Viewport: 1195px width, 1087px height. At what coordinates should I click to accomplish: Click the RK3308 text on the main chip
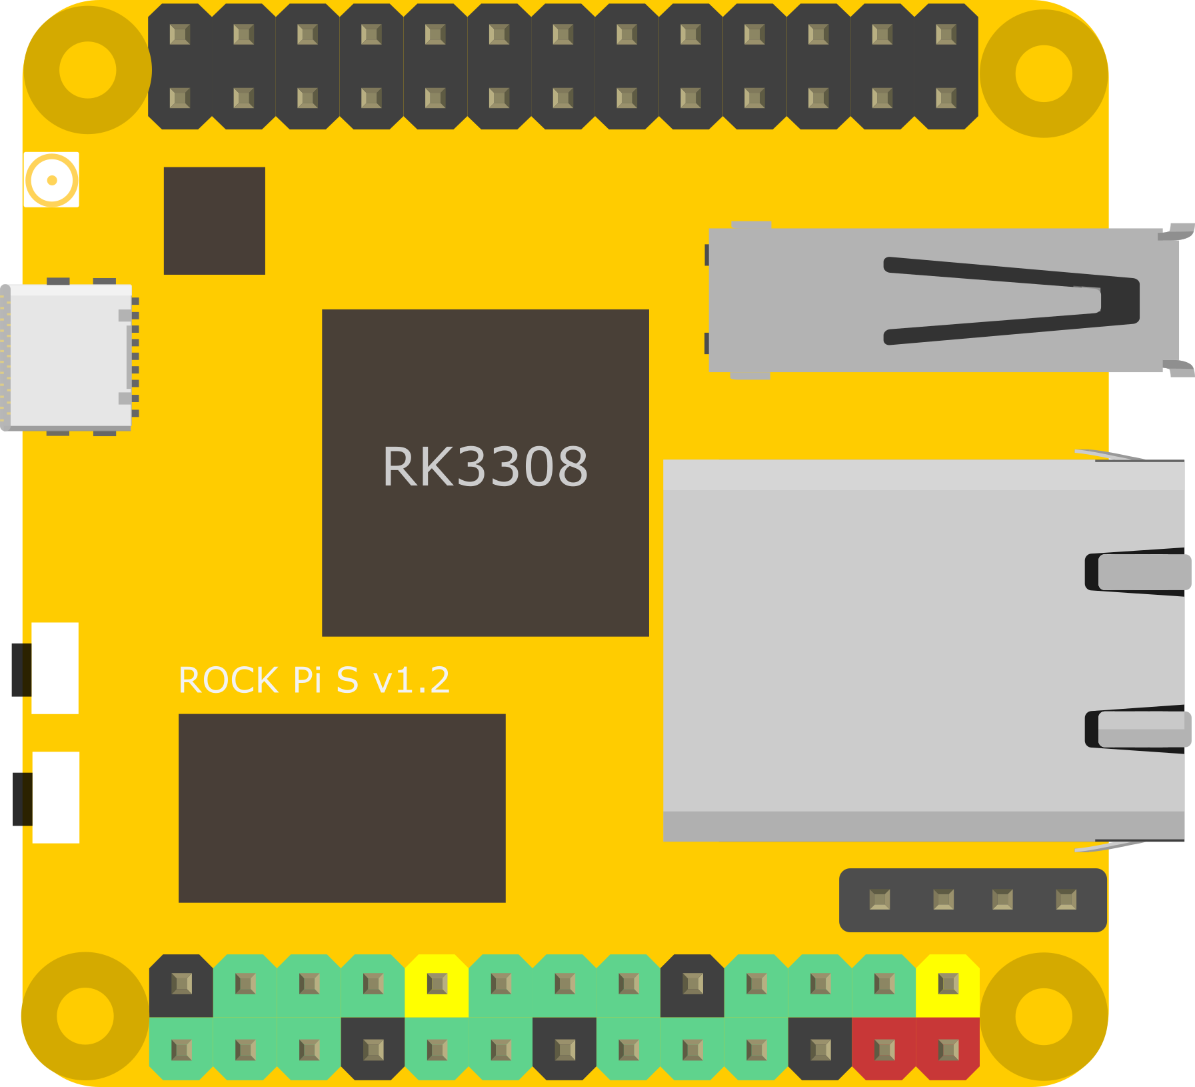pos(485,466)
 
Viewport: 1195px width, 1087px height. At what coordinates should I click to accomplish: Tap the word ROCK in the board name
pos(229,681)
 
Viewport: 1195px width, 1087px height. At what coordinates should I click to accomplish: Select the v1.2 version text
pos(411,681)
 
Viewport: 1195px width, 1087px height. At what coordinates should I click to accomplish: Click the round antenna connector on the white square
pos(52,180)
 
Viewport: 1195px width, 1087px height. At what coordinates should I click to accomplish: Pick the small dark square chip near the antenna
pos(215,221)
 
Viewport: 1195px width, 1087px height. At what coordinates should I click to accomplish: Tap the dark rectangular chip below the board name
pos(342,808)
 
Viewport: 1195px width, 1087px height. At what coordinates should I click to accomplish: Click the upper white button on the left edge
pos(55,668)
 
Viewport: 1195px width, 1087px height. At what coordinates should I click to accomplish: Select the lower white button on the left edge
pos(55,798)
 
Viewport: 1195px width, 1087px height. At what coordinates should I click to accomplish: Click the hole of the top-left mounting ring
pos(87,70)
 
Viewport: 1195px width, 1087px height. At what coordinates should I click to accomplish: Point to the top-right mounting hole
pos(1044,73)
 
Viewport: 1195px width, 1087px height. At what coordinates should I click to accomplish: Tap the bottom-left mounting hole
pos(85,1016)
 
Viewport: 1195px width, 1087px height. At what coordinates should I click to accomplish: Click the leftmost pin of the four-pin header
pos(880,900)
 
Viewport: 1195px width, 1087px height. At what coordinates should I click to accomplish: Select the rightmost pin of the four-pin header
pos(1066,900)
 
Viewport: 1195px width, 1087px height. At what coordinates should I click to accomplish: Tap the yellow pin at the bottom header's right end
pos(948,984)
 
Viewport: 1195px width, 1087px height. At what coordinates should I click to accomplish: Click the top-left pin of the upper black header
pos(180,35)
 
